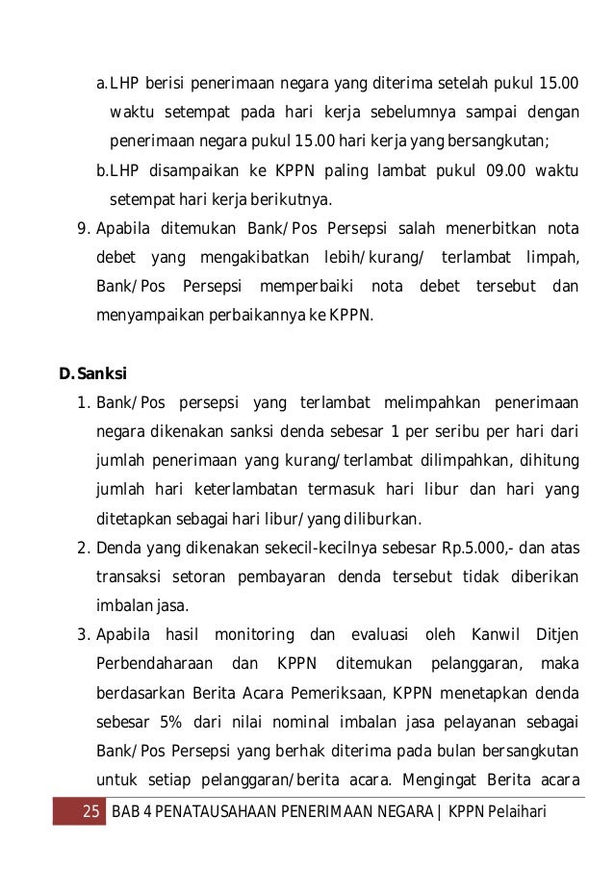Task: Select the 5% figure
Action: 155,722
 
